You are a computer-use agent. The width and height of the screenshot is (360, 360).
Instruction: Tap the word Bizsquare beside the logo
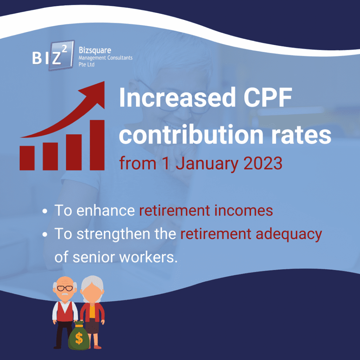point(95,50)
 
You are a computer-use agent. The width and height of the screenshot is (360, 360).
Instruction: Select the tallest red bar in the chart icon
point(97,145)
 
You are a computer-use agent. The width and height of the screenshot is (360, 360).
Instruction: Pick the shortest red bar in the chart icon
point(27,158)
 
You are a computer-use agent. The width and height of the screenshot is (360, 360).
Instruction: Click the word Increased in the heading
point(177,97)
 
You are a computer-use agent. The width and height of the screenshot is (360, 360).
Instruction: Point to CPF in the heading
point(268,97)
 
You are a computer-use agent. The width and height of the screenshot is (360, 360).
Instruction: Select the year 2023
point(263,163)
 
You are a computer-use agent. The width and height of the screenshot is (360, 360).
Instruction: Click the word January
point(207,164)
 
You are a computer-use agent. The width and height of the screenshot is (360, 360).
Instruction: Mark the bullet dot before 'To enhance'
point(45,211)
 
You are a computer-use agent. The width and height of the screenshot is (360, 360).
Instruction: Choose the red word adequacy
point(289,234)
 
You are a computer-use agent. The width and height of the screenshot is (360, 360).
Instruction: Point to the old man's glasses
point(65,288)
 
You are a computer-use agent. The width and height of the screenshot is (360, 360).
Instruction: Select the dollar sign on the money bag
point(79,339)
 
